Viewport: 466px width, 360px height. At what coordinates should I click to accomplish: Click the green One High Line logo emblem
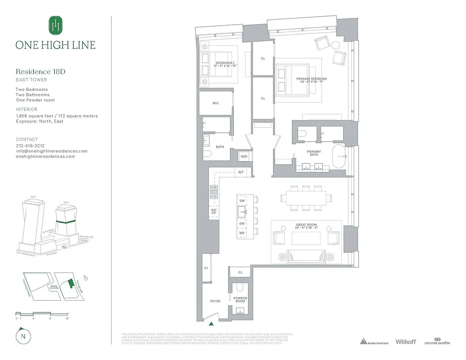(x=55, y=26)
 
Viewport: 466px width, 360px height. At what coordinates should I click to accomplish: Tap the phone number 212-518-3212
(x=31, y=146)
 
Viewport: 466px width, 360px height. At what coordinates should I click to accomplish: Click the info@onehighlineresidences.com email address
(x=52, y=151)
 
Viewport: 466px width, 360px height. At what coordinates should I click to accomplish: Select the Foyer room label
(x=215, y=301)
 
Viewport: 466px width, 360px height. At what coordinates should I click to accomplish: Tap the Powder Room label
(x=240, y=300)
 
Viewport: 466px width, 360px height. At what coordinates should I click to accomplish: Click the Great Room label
(x=306, y=226)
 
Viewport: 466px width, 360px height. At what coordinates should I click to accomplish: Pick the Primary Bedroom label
(x=311, y=81)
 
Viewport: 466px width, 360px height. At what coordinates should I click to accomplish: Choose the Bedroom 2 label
(x=225, y=64)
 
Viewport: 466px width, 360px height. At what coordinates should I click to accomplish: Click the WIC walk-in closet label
(x=215, y=103)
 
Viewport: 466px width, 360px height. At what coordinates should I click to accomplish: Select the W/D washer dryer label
(x=244, y=157)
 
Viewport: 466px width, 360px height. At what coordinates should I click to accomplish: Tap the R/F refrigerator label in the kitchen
(x=241, y=172)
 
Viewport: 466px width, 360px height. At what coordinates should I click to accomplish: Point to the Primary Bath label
(x=314, y=153)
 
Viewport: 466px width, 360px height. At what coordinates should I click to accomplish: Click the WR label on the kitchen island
(x=242, y=233)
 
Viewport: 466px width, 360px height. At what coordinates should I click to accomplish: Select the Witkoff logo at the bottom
(x=405, y=342)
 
